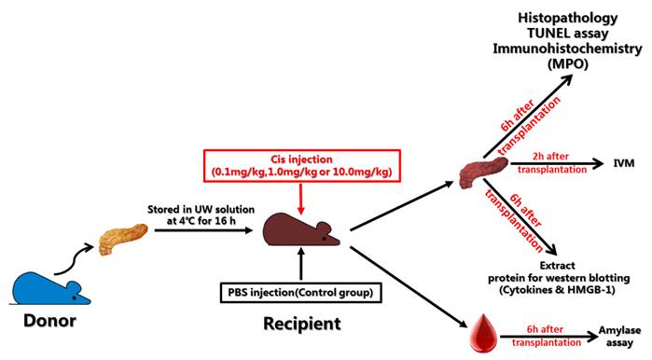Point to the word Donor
click(x=46, y=329)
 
